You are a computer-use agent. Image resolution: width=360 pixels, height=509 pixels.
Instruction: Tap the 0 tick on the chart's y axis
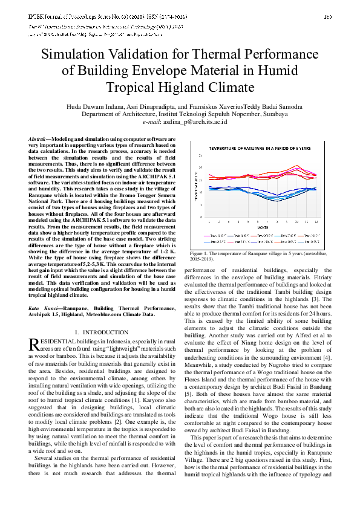coord(202,216)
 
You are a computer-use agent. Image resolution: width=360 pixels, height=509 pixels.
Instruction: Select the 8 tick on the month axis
coord(277,221)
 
